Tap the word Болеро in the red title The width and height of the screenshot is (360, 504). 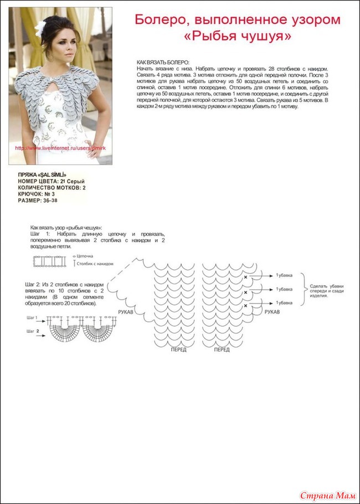click(158, 20)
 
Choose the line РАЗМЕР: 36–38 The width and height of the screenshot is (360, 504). click(38, 200)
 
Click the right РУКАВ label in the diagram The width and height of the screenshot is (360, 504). click(271, 312)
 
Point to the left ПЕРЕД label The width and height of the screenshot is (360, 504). click(178, 349)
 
